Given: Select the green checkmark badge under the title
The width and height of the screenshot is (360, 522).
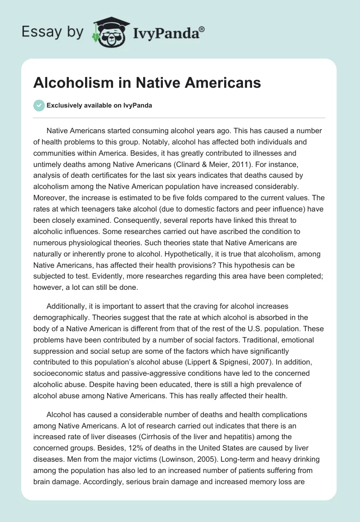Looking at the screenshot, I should pyautogui.click(x=39, y=105).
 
